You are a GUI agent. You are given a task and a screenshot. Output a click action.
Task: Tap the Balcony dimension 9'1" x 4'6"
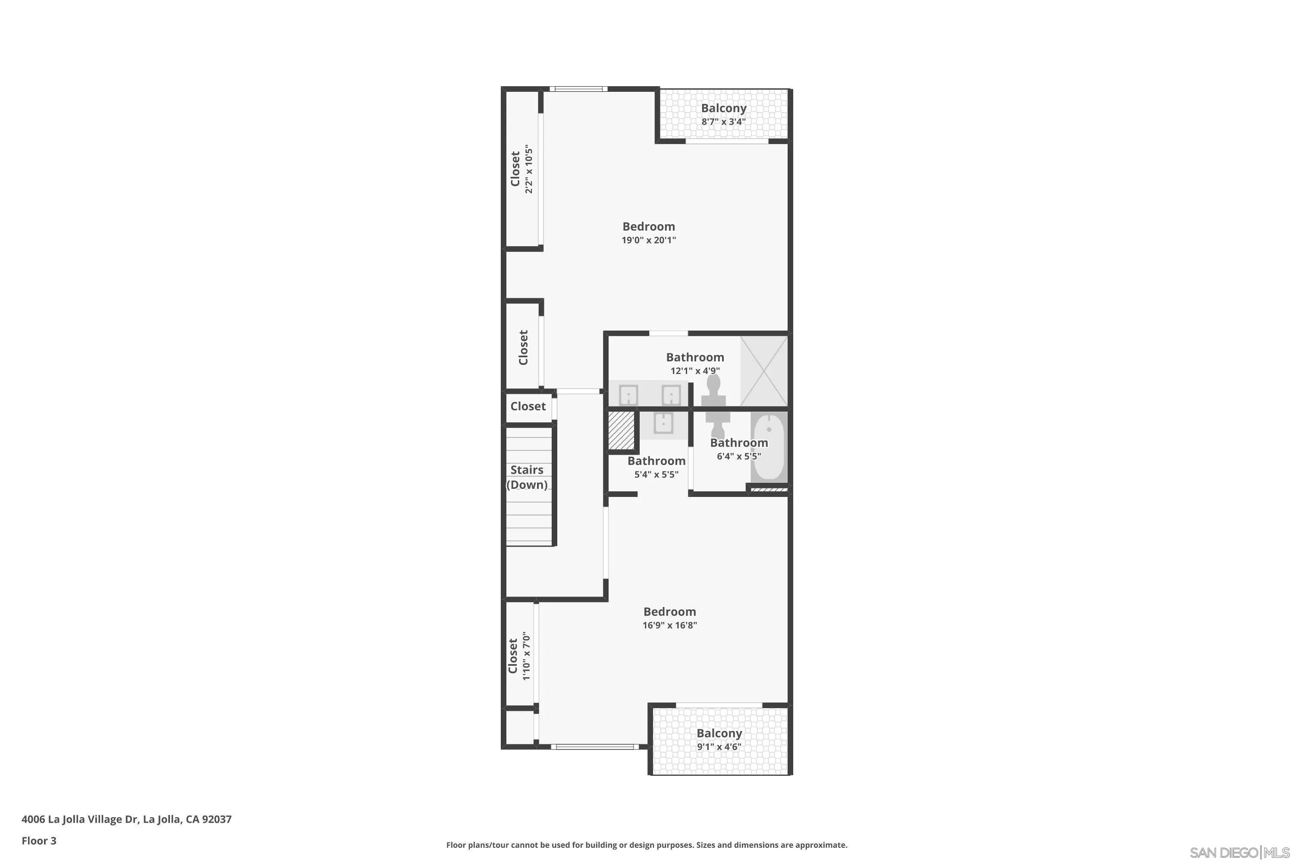(x=719, y=746)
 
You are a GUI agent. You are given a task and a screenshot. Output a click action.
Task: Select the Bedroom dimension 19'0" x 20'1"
(x=649, y=240)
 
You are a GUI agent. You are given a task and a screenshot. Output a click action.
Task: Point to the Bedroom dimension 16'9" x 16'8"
(x=669, y=625)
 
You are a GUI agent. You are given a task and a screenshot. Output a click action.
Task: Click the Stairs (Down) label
(x=527, y=477)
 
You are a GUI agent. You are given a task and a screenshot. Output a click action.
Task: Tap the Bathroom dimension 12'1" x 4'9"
(x=695, y=371)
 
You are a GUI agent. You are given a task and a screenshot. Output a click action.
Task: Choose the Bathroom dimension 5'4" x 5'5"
(x=656, y=475)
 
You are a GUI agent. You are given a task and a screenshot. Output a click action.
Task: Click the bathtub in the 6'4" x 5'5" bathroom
(x=769, y=447)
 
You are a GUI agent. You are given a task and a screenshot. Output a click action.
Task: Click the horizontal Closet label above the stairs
(x=528, y=406)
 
